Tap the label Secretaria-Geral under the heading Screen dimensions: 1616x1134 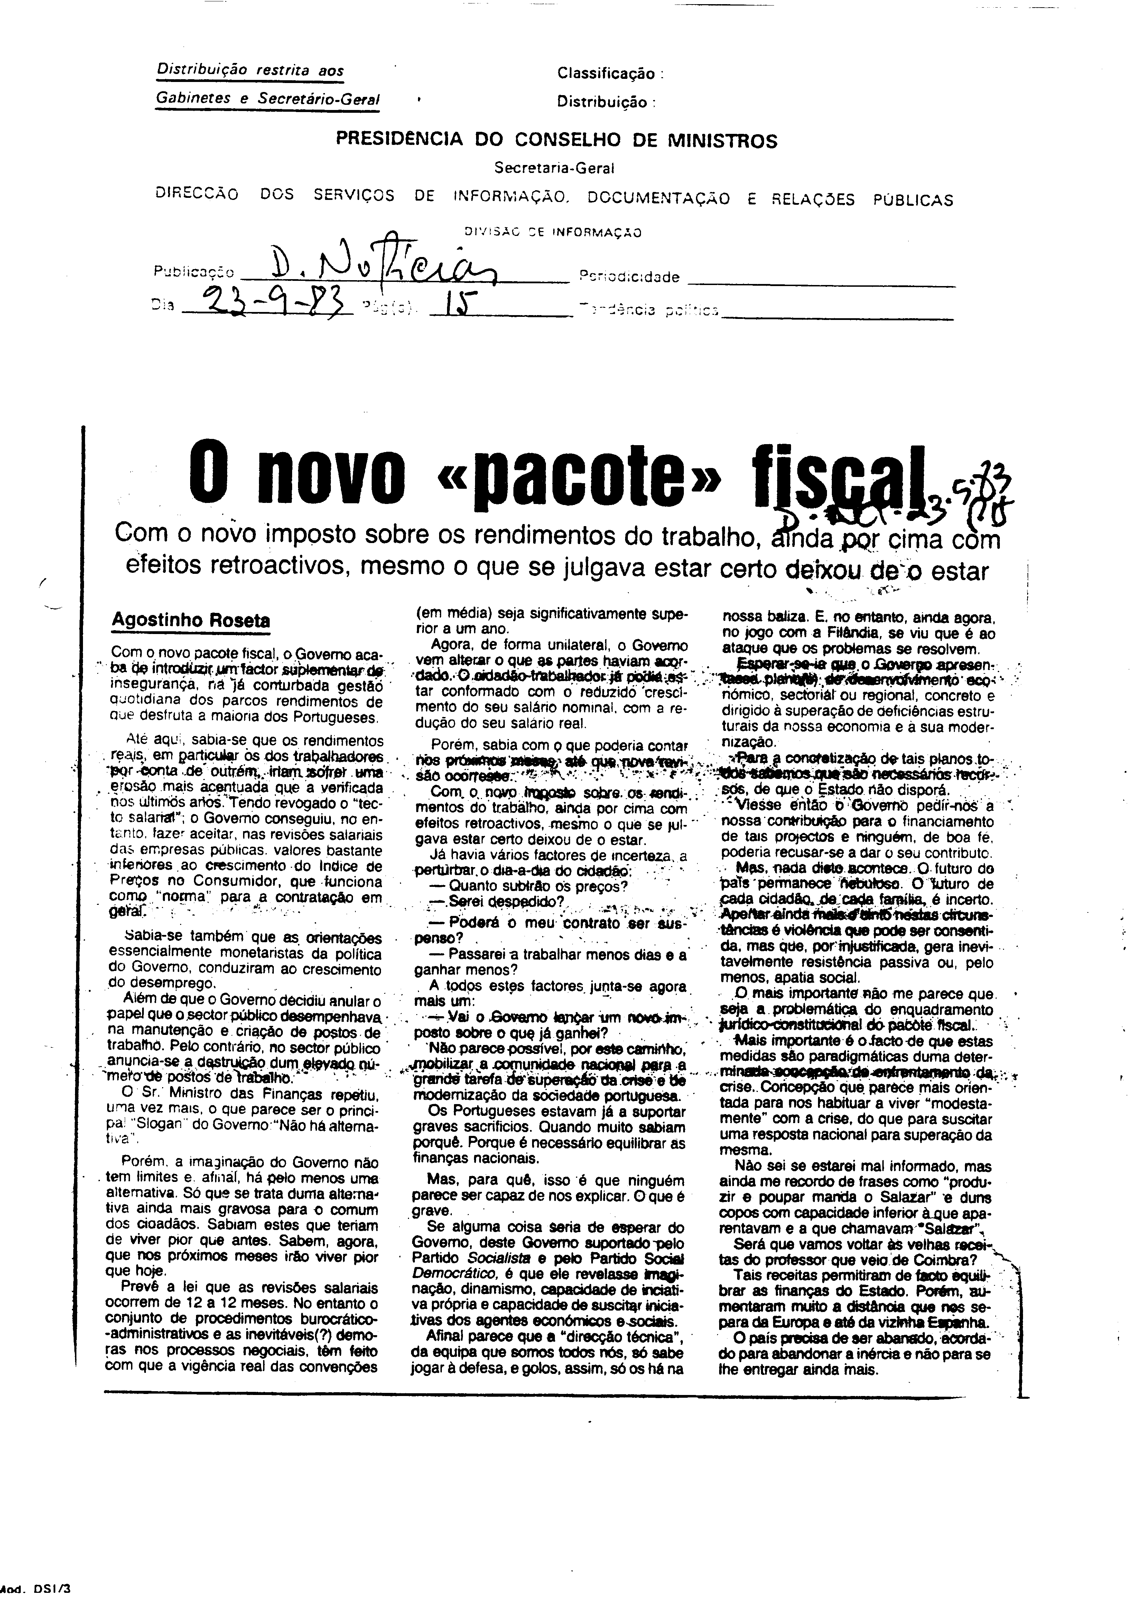(554, 168)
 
